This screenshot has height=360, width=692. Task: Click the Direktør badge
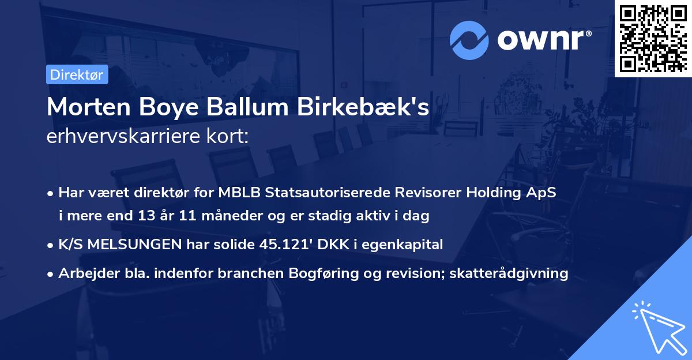click(76, 74)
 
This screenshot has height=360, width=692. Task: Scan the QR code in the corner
click(653, 39)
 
